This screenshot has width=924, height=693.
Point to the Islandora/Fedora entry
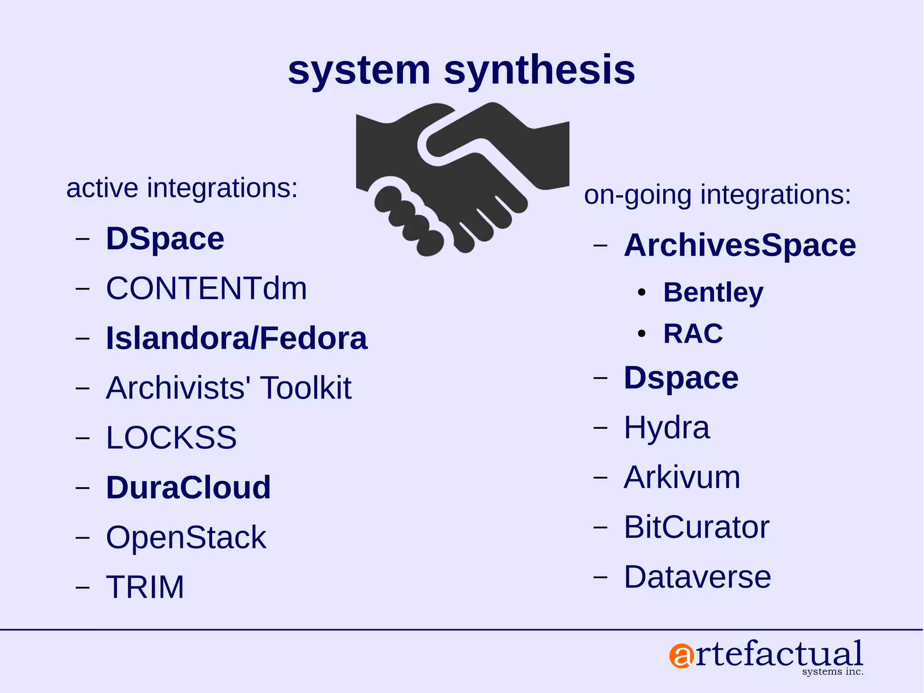point(236,338)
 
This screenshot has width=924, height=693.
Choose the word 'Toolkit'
point(305,388)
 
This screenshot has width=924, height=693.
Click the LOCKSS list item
point(171,437)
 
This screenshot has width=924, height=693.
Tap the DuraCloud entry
point(188,488)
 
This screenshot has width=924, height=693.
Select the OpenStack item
point(186,537)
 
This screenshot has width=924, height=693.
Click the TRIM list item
point(145,587)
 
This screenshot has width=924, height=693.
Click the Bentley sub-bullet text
point(713,293)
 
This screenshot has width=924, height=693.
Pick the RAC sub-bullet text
point(693,334)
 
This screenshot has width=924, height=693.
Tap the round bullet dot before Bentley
point(642,293)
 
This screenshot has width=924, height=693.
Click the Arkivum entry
point(682,477)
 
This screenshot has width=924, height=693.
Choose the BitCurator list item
point(696,527)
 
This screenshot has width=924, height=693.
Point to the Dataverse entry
point(697,577)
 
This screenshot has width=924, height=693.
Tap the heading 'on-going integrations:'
point(717,195)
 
